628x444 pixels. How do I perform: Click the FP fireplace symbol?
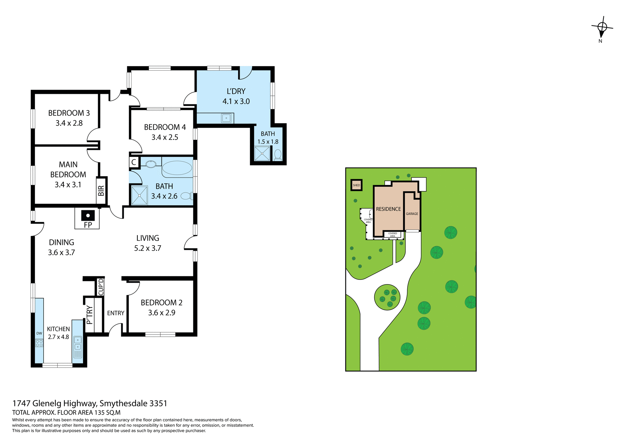88,216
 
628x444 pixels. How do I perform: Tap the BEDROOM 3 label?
69,113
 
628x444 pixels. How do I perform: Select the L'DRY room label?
236,91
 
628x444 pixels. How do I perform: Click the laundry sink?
226,118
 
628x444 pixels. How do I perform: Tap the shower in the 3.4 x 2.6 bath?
139,195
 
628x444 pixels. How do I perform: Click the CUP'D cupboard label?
101,287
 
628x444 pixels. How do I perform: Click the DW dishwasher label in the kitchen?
39,333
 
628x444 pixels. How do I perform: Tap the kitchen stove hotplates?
39,343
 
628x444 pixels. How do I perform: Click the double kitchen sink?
78,343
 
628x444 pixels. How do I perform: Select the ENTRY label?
116,313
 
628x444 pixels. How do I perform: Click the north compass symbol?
602,28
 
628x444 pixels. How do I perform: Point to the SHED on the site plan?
356,185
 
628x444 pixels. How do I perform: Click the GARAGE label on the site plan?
412,213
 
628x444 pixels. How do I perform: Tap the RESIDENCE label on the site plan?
388,209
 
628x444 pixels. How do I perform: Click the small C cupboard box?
134,162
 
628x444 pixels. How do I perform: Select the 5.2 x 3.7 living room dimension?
148,248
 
